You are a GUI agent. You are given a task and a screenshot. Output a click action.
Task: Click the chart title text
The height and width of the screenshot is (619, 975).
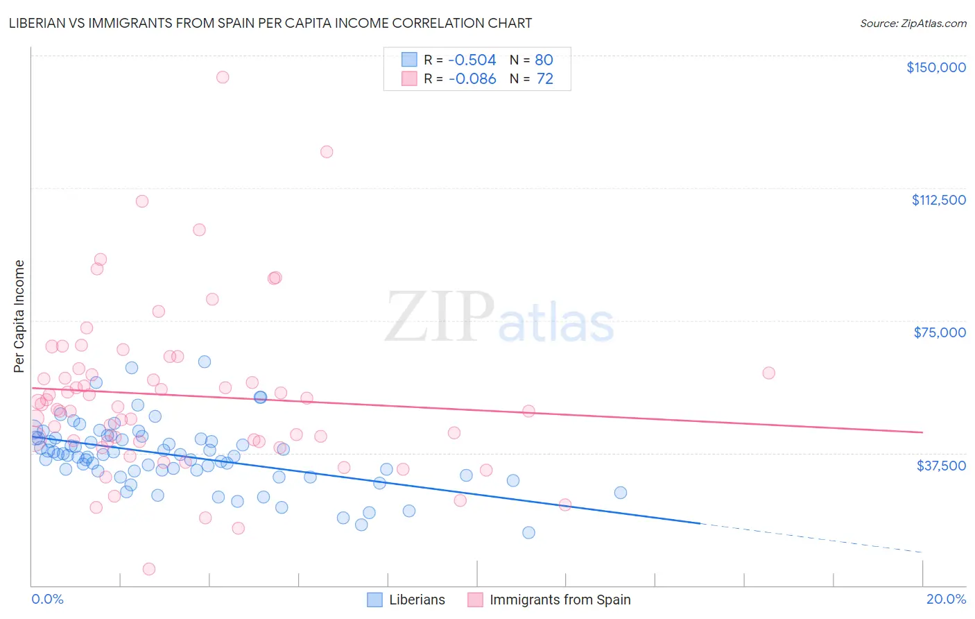(x=270, y=23)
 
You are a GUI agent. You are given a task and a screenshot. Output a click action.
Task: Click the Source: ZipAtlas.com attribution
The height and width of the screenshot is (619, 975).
(x=913, y=23)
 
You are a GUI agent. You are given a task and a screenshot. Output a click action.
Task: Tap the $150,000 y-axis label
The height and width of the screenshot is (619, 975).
(x=935, y=67)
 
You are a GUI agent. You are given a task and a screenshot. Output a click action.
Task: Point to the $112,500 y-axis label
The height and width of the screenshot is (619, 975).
(x=938, y=200)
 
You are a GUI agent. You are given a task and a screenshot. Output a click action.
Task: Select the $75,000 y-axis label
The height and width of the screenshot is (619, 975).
(x=939, y=332)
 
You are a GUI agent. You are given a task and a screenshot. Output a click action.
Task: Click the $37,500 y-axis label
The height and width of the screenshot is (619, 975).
(x=940, y=466)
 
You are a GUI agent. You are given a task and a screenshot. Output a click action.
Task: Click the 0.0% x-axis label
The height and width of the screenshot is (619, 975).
(x=47, y=599)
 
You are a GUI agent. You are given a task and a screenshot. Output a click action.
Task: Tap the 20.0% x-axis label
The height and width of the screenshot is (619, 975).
(x=945, y=599)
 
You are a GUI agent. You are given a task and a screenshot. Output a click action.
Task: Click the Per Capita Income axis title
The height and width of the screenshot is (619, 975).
(x=19, y=316)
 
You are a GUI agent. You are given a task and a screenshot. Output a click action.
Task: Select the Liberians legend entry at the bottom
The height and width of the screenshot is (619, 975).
(x=406, y=600)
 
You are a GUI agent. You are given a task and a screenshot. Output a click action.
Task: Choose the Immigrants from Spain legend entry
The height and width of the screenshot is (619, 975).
(x=549, y=600)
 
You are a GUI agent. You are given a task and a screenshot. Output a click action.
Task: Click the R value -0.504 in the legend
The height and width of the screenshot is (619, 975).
(x=472, y=60)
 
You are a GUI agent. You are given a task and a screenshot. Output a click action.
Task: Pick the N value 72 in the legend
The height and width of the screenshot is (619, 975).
(x=545, y=79)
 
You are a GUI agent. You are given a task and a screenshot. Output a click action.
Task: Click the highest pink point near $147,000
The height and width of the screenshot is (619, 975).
(x=223, y=77)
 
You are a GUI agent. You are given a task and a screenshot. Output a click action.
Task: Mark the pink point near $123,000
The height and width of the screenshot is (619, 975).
(x=327, y=152)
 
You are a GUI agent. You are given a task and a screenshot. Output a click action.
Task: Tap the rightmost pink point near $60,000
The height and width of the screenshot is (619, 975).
(x=768, y=373)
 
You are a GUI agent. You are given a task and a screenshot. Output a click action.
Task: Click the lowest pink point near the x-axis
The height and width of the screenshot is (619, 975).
(x=148, y=569)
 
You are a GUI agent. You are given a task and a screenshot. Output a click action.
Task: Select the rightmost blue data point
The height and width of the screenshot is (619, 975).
(x=621, y=493)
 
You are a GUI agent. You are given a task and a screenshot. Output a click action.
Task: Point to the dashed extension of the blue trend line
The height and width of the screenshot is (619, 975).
(x=811, y=538)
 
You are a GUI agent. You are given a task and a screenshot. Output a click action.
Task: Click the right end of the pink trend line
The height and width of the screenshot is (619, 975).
(x=922, y=432)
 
